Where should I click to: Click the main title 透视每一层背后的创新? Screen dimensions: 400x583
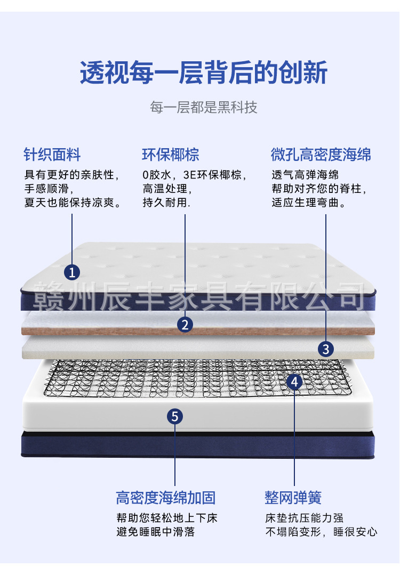(203, 73)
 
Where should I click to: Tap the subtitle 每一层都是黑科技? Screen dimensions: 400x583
(203, 107)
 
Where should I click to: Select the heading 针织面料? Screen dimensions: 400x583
(52, 155)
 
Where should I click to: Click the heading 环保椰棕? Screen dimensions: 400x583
(171, 155)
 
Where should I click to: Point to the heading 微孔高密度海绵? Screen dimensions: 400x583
(321, 155)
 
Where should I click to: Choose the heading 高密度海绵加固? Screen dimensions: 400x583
(166, 498)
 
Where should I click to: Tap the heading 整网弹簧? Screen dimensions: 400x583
(293, 498)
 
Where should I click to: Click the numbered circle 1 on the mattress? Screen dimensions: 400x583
(72, 272)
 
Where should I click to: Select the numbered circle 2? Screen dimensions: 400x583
(185, 324)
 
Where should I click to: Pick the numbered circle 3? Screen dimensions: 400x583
(326, 349)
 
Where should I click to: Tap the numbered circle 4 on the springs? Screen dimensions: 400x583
(294, 382)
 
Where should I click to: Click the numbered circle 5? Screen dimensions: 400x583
(175, 416)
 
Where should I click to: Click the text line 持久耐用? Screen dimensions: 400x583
(166, 203)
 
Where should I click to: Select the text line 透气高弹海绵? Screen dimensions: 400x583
(305, 175)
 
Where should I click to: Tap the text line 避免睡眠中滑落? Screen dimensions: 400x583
(155, 532)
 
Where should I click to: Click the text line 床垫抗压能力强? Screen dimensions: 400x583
(305, 518)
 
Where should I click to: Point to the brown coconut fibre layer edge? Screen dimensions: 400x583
(107, 331)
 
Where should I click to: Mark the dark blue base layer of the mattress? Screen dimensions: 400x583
(107, 445)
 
